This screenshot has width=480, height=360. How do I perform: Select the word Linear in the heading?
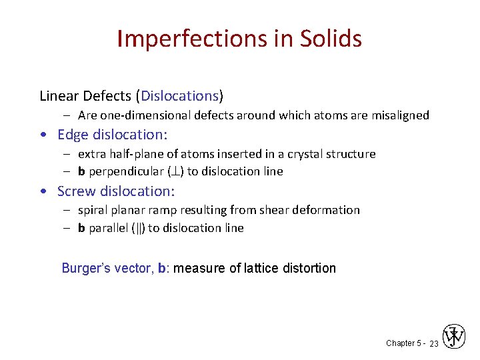pos(59,96)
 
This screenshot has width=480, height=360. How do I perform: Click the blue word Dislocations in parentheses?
pos(183,96)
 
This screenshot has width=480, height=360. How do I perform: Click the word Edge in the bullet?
pos(72,135)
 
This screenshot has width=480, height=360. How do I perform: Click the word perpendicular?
pos(123,171)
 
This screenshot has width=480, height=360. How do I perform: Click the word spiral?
pos(93,210)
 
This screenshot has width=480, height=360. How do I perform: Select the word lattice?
pos(263,268)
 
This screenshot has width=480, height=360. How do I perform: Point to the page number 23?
pos(433,343)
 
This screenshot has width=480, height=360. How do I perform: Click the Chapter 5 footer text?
pos(403,343)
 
